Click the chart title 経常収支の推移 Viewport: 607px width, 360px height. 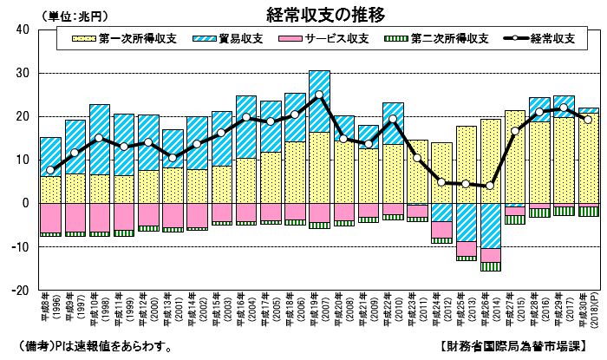[326, 15]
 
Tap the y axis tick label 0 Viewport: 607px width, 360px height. [27, 203]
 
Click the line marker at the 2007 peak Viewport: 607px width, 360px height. [319, 95]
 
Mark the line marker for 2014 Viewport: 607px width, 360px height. [491, 186]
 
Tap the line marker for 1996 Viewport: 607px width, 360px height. [50, 170]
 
